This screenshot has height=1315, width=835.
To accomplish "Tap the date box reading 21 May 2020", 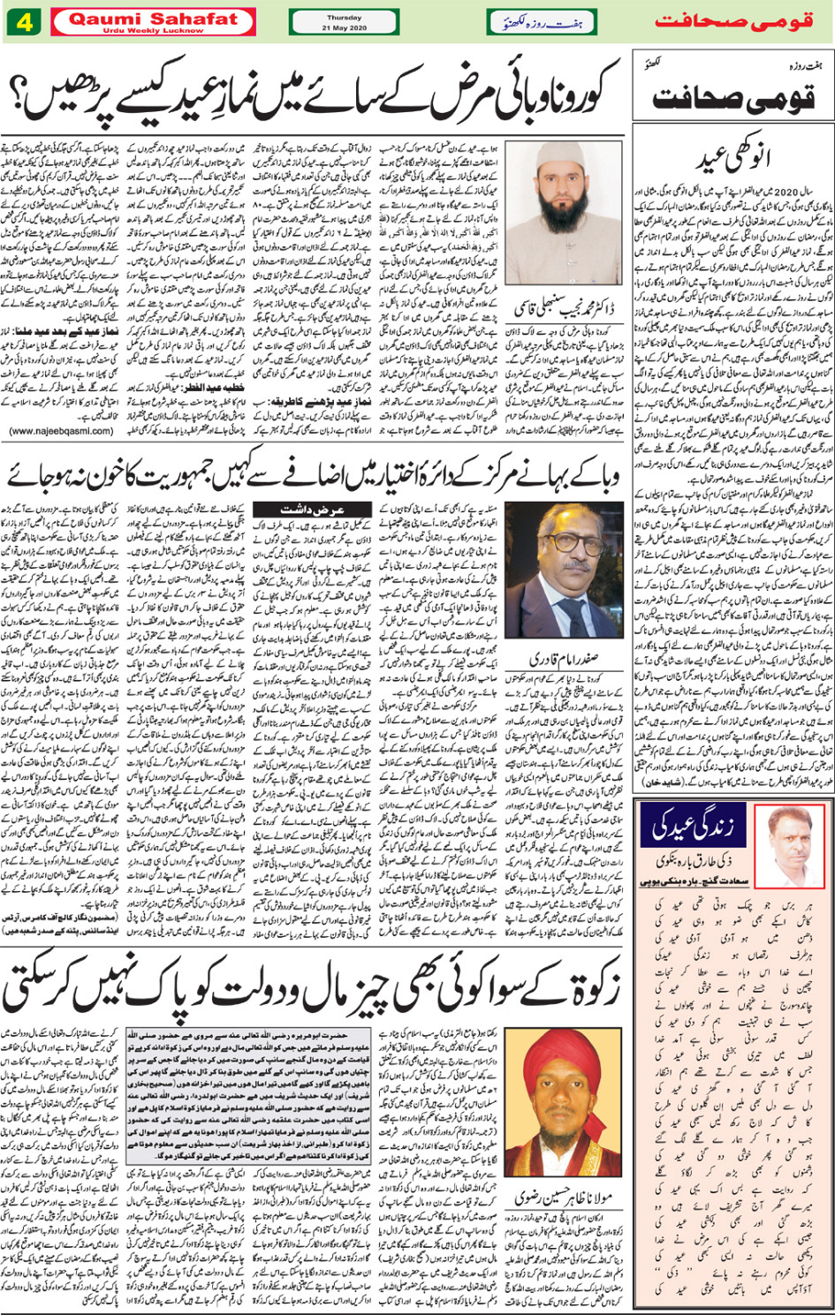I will point(344,22).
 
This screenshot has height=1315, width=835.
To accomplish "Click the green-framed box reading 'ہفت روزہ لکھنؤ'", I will point(541,22).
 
